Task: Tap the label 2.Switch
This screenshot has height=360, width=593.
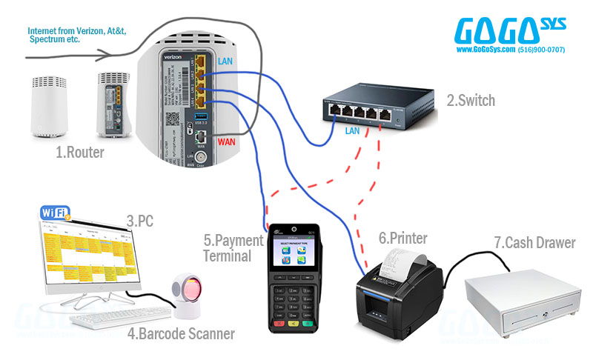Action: coord(470,101)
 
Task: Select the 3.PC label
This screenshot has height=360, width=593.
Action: coord(139,220)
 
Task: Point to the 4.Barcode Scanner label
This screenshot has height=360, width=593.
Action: coord(181,334)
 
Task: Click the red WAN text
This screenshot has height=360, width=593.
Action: coord(229,141)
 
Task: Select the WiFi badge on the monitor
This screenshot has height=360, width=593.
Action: coord(53,214)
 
